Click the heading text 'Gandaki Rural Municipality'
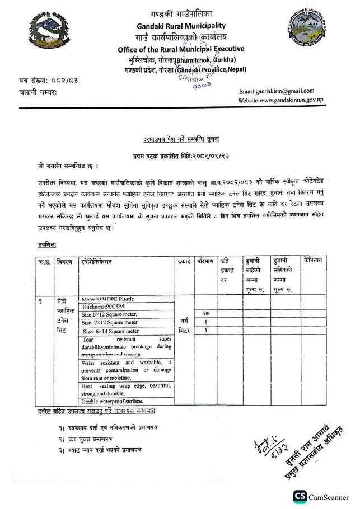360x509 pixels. [180, 25]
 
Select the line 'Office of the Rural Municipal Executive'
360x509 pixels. [181, 49]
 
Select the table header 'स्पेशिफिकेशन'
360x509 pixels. [97, 261]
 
